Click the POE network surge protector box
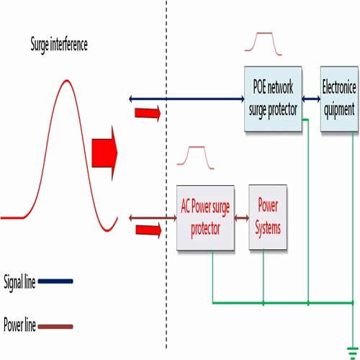point(273,99)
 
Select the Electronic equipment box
point(339,99)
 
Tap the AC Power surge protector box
point(205,217)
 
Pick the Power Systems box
point(268,217)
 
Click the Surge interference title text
point(59,45)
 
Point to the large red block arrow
point(104,153)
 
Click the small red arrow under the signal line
point(148,113)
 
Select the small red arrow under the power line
point(148,230)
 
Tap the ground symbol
point(353,353)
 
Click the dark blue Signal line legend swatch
point(55,281)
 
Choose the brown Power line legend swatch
point(55,327)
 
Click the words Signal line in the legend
point(19,282)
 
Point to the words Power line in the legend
point(19,324)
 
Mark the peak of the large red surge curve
point(67,80)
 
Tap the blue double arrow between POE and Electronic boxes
point(311,99)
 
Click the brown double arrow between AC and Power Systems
point(242,218)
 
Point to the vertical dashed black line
point(166,174)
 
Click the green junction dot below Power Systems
point(264,303)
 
